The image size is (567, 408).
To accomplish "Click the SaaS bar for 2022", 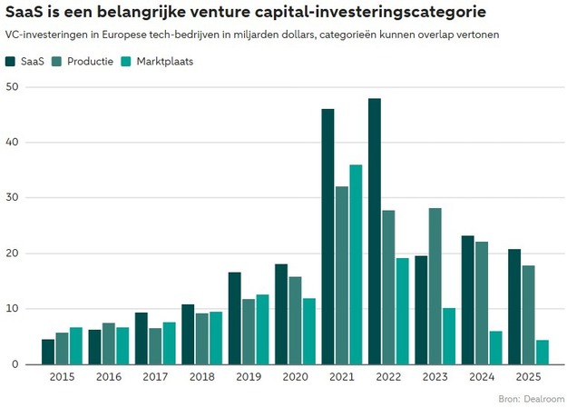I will [375, 231].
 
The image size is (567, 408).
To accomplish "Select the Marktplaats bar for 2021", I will [356, 264].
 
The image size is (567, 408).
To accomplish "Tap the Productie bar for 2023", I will [435, 286].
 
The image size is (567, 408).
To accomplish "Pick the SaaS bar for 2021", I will [327, 236].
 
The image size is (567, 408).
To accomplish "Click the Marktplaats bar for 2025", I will [543, 352].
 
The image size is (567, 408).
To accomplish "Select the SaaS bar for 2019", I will [234, 318].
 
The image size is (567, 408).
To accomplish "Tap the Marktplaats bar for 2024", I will [496, 347].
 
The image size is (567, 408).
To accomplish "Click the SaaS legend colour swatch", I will [11, 62].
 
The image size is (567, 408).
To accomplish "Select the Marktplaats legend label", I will [165, 62].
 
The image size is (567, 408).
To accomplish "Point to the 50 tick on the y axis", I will [13, 87].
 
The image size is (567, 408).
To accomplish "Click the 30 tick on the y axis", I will [13, 198].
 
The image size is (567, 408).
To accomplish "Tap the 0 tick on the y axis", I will [16, 364].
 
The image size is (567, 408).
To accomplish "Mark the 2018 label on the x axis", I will [201, 377].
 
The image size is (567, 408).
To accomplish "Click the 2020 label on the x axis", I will [295, 377].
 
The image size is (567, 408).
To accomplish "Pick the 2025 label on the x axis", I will [529, 377].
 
